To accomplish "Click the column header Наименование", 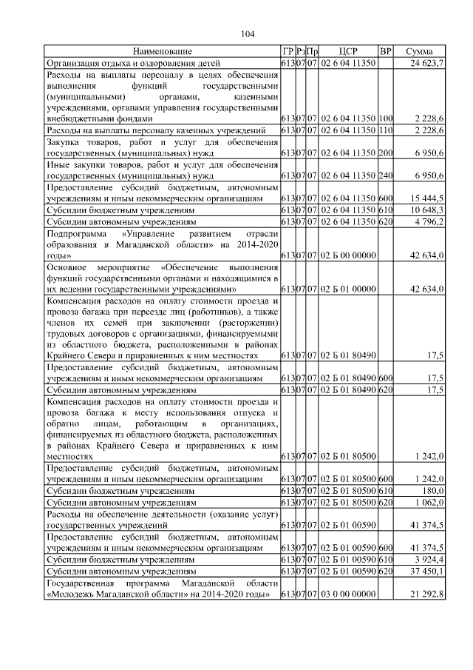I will point(162,52).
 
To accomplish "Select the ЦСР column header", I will point(348,52).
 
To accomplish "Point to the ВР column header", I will point(385,52).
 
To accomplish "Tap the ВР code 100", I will point(385,118).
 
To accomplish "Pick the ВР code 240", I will point(385,176).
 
